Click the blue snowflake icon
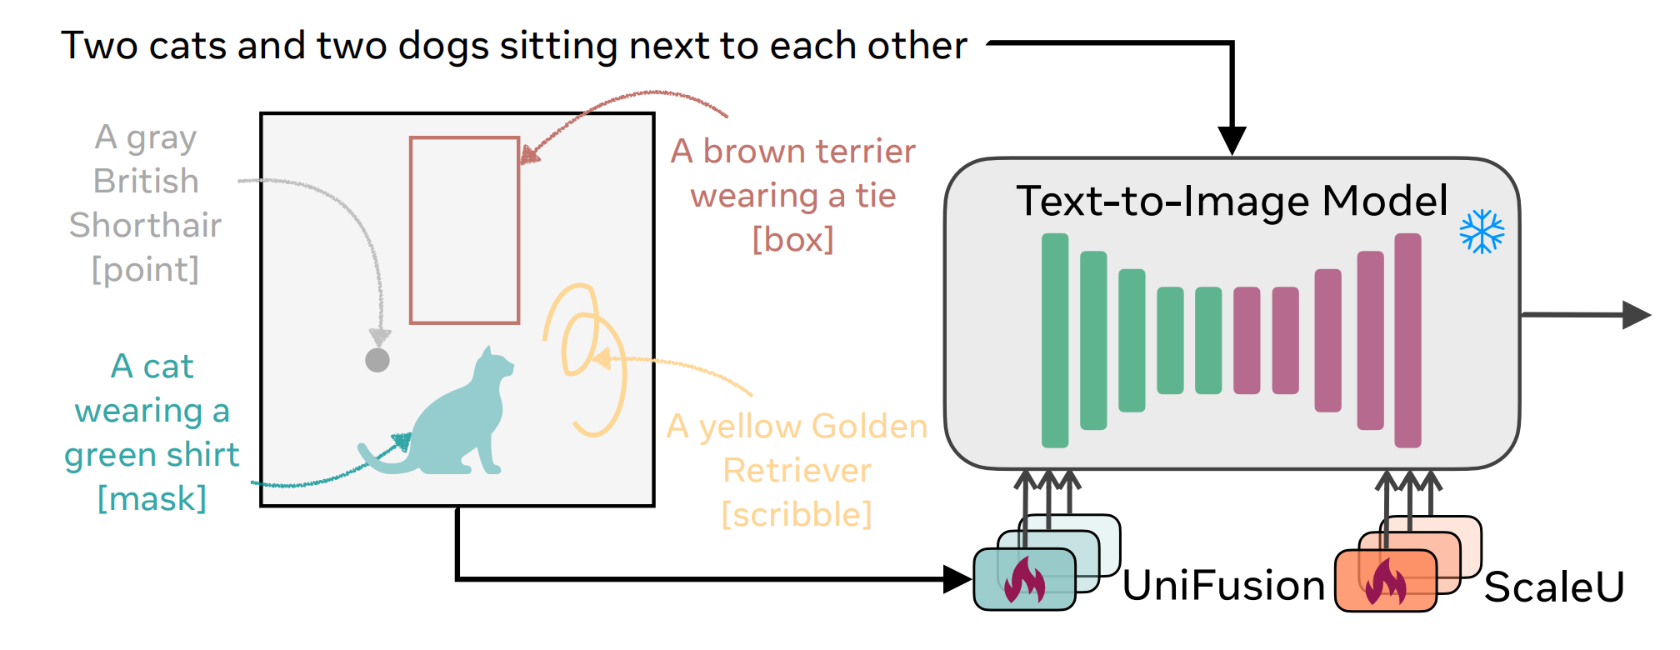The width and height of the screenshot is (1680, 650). click(1482, 232)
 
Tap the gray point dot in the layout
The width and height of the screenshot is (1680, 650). click(377, 360)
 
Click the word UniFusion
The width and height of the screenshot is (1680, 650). click(1223, 585)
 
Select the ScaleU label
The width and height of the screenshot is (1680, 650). click(1554, 587)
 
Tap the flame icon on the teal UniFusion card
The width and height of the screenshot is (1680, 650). click(1024, 580)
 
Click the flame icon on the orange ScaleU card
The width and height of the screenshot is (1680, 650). click(1385, 582)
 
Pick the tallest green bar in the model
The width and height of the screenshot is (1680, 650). click(1055, 340)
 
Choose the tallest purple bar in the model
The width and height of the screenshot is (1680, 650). click(1407, 340)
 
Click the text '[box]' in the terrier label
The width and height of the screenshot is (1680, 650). click(792, 240)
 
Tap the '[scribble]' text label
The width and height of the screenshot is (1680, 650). click(797, 514)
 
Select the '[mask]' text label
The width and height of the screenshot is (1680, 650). click(152, 498)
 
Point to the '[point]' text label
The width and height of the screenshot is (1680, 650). click(146, 269)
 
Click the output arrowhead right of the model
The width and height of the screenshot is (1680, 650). click(1637, 315)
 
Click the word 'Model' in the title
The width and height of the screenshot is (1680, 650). click(1385, 201)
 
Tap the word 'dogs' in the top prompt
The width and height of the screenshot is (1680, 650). click(443, 47)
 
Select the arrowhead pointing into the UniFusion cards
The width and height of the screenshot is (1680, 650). click(958, 578)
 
